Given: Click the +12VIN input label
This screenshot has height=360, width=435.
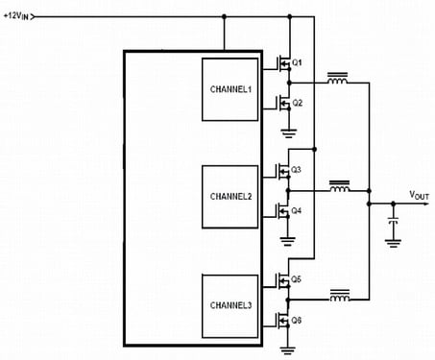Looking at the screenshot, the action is [16, 16].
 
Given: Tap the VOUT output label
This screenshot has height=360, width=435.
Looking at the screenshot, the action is [419, 195].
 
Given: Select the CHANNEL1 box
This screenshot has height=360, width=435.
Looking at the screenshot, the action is [230, 89].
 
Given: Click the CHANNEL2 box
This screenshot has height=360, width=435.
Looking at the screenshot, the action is [230, 197].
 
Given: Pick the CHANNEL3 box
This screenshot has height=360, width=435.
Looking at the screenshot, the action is [230, 306].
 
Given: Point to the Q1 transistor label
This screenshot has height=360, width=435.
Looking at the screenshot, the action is [297, 62].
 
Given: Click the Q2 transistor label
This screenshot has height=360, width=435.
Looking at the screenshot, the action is [297, 103].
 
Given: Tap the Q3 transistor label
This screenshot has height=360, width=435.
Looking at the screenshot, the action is [296, 170].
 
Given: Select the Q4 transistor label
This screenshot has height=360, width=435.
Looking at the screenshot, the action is [296, 210].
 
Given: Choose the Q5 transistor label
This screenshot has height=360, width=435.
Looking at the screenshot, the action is [296, 279].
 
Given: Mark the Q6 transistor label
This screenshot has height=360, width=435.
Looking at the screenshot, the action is [296, 320].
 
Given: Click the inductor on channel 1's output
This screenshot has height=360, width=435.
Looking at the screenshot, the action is [337, 79].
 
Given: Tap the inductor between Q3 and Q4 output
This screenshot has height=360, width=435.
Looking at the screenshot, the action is [340, 186].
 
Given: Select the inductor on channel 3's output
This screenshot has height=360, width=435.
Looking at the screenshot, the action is [340, 296].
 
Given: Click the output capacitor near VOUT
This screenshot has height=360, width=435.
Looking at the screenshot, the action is [393, 221].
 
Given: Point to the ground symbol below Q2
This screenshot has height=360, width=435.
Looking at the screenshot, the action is [289, 133].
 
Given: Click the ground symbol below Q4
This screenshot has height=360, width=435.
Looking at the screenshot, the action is [287, 241].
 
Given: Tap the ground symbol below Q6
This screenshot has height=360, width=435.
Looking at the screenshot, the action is [287, 350].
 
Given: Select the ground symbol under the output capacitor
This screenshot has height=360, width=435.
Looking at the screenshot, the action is [393, 243].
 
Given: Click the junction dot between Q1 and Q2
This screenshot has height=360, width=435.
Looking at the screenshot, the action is [289, 83].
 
